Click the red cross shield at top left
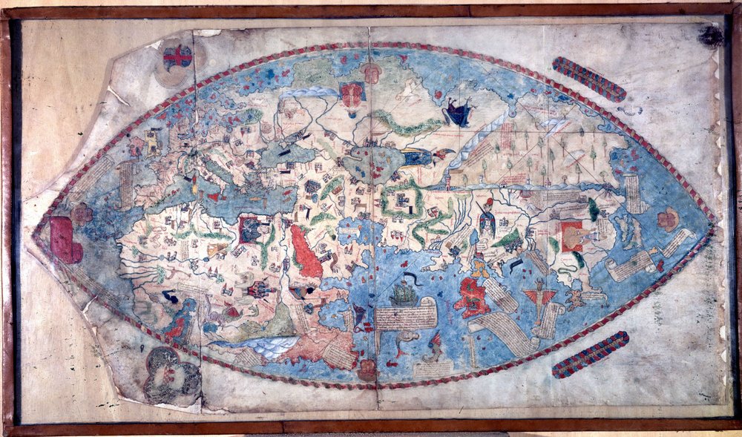pos(177,56)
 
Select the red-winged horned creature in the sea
pos(539,295)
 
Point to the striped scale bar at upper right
pos(589,79)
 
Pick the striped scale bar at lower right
pos(591,354)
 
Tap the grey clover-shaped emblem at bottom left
pos(171,375)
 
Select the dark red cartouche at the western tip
pos(66,240)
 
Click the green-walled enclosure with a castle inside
pos(401,200)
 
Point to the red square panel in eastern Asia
pos(571,236)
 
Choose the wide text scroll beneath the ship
pos(405,318)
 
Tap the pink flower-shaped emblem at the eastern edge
pos(668,218)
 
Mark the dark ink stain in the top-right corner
pos(710,36)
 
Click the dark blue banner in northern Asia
pos(458,113)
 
